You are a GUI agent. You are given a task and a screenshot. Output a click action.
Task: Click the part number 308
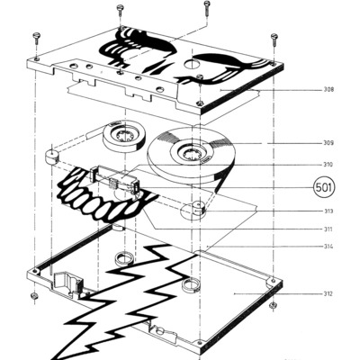tap(328, 89)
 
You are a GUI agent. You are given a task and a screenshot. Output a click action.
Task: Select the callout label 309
tap(328, 143)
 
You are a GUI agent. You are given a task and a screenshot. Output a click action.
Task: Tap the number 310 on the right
tap(328, 165)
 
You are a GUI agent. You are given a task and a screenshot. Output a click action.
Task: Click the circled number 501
tap(324, 187)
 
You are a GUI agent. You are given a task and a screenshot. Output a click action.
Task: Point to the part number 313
tap(328, 211)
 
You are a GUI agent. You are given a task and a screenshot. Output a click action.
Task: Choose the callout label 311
tap(328, 229)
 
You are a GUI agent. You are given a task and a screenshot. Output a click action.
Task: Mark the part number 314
tap(328, 247)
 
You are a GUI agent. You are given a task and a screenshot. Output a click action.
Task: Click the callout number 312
tap(328, 293)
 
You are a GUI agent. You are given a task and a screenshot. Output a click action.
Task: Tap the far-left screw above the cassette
tap(36, 38)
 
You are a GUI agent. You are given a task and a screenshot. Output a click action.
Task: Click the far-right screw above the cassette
tap(274, 40)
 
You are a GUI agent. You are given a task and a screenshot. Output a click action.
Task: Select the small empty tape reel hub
tap(124, 137)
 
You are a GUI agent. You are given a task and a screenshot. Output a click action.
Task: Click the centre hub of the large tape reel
tap(192, 152)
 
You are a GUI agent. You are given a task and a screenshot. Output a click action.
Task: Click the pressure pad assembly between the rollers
tap(115, 179)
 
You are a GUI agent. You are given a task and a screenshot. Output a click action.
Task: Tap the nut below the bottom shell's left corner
tap(34, 296)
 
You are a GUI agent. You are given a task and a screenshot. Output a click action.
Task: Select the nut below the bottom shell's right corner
tap(273, 305)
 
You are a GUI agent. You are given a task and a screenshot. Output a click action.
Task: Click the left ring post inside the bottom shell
tap(124, 258)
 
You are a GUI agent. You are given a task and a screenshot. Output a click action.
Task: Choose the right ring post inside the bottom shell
tap(191, 285)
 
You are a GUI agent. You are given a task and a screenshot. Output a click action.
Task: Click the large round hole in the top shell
tap(191, 63)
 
